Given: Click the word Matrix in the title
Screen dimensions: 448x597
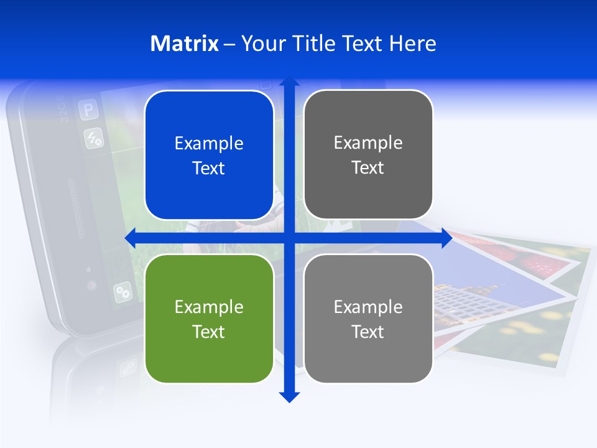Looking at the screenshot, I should coord(184,44).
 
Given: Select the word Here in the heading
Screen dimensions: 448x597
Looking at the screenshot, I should coord(412,44).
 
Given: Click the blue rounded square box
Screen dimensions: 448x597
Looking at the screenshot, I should coord(209,156).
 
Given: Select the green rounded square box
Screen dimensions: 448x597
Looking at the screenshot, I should coord(209,319).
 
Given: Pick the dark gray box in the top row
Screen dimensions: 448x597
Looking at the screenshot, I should coord(368,155).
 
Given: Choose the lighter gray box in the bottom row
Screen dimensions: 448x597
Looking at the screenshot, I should coord(368,319).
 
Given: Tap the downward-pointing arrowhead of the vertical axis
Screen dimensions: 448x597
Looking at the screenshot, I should coord(289,396).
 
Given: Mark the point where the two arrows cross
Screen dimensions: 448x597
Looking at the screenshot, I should coord(289,238).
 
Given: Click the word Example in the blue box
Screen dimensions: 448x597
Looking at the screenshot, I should coord(209,144).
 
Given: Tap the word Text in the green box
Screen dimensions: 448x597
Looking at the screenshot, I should coord(209,332).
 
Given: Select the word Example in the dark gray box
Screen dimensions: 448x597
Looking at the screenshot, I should coord(368,143).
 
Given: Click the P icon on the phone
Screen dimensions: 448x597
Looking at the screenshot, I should coord(88,111).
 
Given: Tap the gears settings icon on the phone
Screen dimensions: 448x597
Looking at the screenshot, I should coord(123,291).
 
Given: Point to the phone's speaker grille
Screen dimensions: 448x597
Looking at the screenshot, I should coord(76,209).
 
